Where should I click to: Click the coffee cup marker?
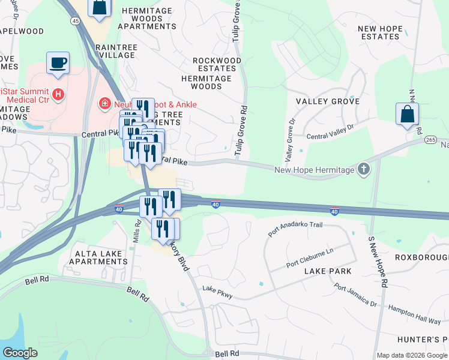click(58, 63)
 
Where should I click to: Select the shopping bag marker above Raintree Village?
click(99, 7)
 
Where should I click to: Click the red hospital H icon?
click(58, 94)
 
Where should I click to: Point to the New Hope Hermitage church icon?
click(363, 170)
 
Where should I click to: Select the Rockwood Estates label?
click(215, 65)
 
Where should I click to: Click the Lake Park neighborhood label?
click(328, 271)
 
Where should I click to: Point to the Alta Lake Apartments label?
click(99, 258)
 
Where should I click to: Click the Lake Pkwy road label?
click(217, 293)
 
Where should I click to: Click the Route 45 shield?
click(75, 21)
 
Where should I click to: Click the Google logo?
click(20, 353)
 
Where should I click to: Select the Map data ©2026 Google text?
click(412, 355)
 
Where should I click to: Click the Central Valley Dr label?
click(331, 133)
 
